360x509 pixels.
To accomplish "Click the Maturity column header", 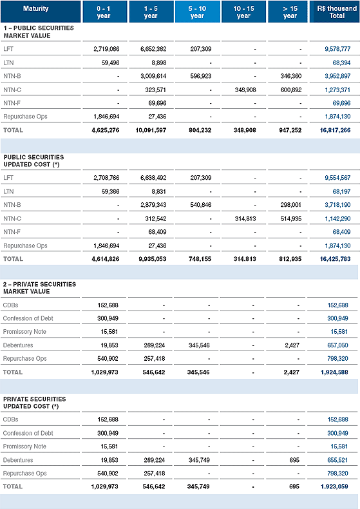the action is [35, 9].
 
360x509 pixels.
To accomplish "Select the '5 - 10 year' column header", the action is [197, 12].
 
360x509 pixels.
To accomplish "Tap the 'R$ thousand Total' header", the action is [337, 12].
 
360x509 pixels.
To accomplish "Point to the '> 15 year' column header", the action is [290, 12].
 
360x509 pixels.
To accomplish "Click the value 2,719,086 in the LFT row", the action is [106, 49].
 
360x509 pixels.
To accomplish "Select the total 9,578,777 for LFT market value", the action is [337, 49].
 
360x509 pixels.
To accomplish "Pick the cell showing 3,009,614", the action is [153, 76].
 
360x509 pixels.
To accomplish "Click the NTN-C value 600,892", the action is [291, 90].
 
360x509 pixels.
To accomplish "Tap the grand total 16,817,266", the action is [335, 130].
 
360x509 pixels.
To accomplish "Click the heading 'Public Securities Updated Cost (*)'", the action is [33, 160].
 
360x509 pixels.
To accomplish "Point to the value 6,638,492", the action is [153, 178].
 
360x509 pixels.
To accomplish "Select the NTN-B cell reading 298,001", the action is [291, 205].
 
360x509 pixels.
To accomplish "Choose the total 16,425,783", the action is [335, 259].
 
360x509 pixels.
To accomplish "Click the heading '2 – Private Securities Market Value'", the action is [39, 288].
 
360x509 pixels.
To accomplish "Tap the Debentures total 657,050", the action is [337, 345].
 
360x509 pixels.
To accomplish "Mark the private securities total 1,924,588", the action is [334, 372].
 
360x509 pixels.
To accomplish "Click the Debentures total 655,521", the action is [337, 460].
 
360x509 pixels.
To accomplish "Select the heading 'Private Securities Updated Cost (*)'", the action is [34, 403].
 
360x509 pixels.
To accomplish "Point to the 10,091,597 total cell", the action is [151, 130].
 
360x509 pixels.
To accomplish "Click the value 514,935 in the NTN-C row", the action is [291, 219].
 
